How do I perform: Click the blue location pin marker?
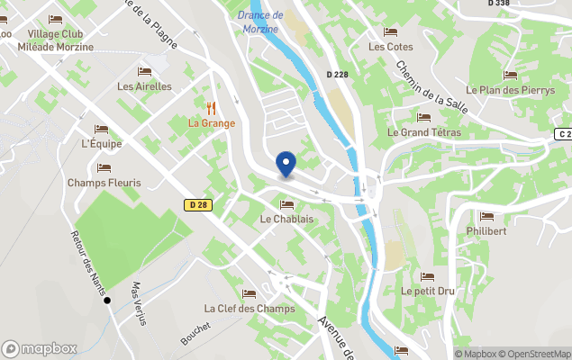click(286, 165)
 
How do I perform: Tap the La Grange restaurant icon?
click(212, 107)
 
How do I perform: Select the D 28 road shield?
click(199, 205)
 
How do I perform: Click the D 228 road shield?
click(338, 74)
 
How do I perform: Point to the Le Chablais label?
click(286, 219)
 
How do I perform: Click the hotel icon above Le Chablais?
click(286, 204)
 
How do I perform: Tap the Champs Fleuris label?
click(104, 183)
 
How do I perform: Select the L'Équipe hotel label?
click(100, 144)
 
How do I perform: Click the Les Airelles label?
click(143, 87)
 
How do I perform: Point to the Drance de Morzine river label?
click(260, 22)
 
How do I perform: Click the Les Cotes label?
click(390, 47)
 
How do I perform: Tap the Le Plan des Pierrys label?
click(510, 90)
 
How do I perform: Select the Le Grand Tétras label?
click(423, 132)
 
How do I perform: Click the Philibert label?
click(487, 230)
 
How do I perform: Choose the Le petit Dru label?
click(427, 292)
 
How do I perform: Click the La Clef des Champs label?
click(250, 309)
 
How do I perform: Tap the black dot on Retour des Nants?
click(107, 300)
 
